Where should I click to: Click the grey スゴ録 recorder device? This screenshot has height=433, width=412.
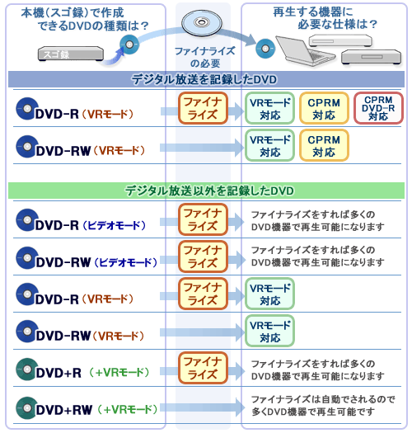(x=71, y=54)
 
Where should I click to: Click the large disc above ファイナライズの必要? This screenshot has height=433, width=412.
(x=202, y=23)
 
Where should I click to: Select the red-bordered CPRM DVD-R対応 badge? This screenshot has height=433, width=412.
(x=378, y=108)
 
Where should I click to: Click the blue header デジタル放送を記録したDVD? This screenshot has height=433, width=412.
(x=204, y=79)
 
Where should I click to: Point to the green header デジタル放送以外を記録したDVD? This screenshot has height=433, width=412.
(x=209, y=191)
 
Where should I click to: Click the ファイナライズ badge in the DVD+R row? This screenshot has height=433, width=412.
(x=203, y=368)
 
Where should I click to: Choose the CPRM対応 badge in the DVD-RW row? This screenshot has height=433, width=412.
(x=324, y=145)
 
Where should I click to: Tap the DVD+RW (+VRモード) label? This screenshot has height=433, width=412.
(x=96, y=410)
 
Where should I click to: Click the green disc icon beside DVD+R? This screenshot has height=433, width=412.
(x=26, y=369)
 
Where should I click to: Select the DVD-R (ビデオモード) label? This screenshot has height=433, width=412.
(x=91, y=226)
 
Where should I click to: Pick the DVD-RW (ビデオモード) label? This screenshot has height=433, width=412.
(x=96, y=262)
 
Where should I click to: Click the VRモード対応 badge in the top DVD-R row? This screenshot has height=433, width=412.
(x=270, y=108)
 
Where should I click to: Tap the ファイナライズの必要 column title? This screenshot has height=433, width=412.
(x=204, y=57)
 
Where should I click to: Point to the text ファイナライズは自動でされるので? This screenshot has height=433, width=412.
(x=323, y=399)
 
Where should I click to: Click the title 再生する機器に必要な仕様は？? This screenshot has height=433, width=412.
(x=325, y=18)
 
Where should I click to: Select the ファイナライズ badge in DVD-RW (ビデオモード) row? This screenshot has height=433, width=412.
(x=203, y=257)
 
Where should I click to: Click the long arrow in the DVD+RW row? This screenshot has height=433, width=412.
(x=202, y=407)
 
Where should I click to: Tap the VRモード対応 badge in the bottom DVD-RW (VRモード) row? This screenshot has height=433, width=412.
(x=270, y=331)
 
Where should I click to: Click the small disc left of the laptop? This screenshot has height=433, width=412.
(x=265, y=49)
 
